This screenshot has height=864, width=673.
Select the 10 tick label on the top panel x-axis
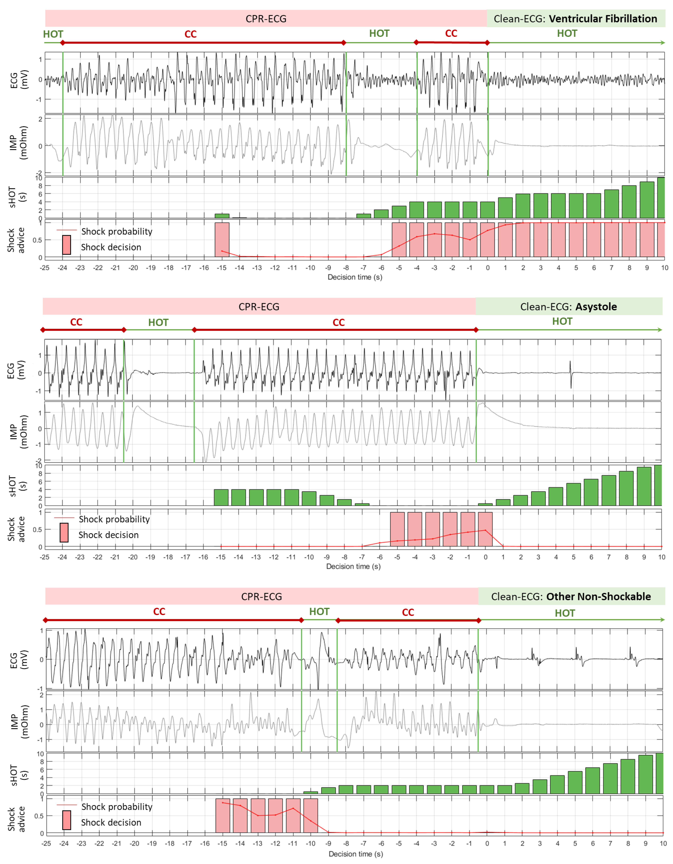coord(664,268)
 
